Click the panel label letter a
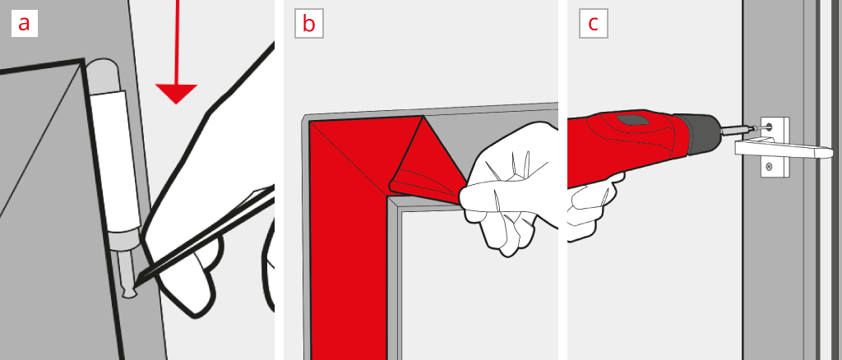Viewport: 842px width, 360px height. click(24, 24)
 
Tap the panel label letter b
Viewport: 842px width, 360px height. click(308, 24)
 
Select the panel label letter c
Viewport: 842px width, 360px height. click(593, 24)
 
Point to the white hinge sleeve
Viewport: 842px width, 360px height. click(116, 160)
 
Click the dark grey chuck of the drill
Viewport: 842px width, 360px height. click(696, 135)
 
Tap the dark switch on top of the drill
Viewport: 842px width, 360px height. click(633, 120)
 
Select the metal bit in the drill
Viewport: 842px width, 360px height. click(738, 130)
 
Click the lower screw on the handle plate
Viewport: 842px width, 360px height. click(769, 166)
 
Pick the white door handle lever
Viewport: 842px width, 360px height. click(784, 149)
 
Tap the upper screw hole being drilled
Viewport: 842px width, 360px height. click(770, 127)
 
